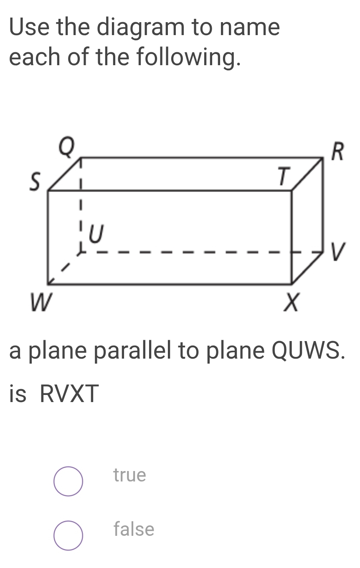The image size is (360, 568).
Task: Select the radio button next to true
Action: point(68,481)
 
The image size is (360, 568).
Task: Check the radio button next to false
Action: point(68,535)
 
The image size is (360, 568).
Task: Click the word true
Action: point(130,475)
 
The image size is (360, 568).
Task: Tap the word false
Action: point(134,529)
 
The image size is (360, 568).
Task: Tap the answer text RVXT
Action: point(69,393)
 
